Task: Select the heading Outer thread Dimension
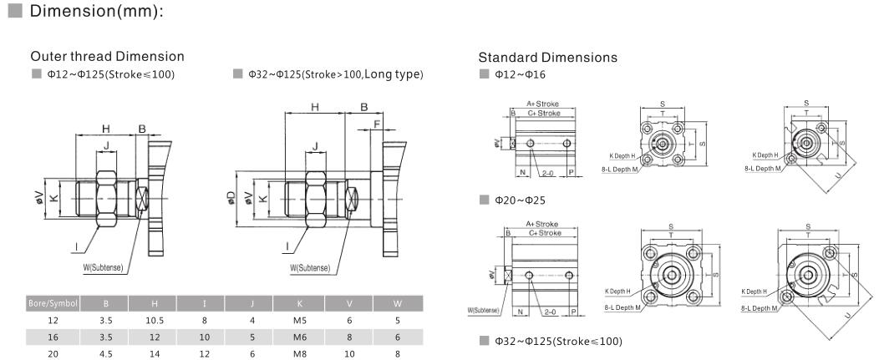107,56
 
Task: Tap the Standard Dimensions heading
547,58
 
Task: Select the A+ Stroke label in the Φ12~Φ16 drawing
541,104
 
